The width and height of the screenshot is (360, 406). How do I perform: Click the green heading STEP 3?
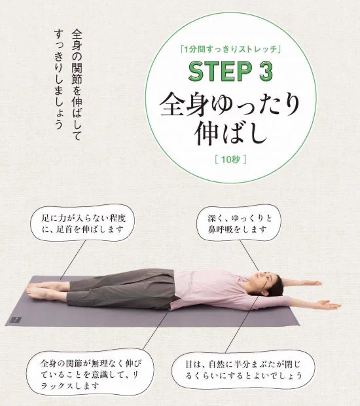(229, 72)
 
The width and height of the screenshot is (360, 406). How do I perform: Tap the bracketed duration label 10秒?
(228, 159)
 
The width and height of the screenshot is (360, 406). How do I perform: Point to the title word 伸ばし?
(229, 134)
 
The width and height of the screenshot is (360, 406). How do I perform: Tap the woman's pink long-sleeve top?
(209, 288)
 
